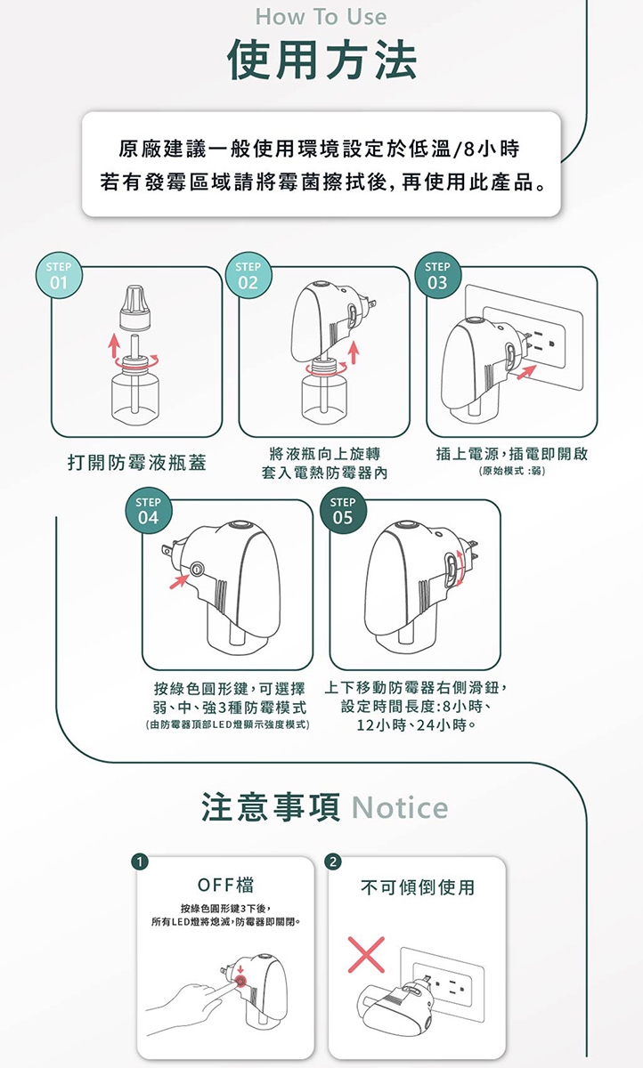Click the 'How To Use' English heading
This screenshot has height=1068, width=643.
[321, 17]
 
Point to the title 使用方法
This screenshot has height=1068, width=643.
[321, 60]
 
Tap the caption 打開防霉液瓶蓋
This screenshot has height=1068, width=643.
[136, 463]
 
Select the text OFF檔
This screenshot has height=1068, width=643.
[225, 886]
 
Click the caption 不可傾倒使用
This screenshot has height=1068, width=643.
[418, 887]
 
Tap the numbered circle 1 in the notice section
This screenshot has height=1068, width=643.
[138, 862]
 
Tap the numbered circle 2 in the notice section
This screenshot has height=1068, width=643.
[333, 862]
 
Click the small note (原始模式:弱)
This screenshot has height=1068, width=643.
[512, 471]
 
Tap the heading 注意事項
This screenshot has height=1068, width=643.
[273, 807]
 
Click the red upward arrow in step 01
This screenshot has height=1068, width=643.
[114, 345]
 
